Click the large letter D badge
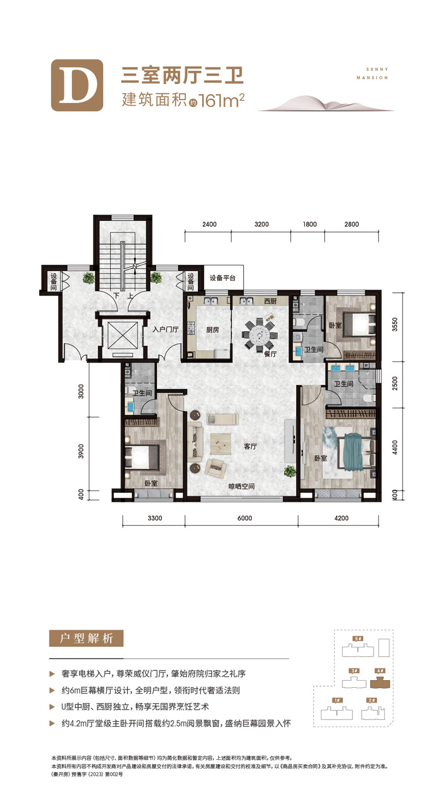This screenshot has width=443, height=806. [x=77, y=86]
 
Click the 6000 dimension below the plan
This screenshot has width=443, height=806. [x=245, y=518]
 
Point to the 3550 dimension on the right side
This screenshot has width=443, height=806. [x=395, y=324]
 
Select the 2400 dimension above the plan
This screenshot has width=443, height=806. [x=209, y=224]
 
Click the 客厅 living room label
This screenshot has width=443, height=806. [x=251, y=447]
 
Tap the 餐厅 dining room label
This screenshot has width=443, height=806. [x=270, y=354]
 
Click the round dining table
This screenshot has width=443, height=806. [x=259, y=335]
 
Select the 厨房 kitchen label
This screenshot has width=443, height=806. [x=213, y=330]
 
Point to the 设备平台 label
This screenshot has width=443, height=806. [x=223, y=278]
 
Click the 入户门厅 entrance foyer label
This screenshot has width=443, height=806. [x=165, y=329]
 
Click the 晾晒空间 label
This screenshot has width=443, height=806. [x=242, y=487]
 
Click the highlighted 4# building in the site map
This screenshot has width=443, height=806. [x=380, y=682]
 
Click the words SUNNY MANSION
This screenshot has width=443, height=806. [x=373, y=73]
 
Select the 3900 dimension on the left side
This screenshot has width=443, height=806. [x=81, y=451]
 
